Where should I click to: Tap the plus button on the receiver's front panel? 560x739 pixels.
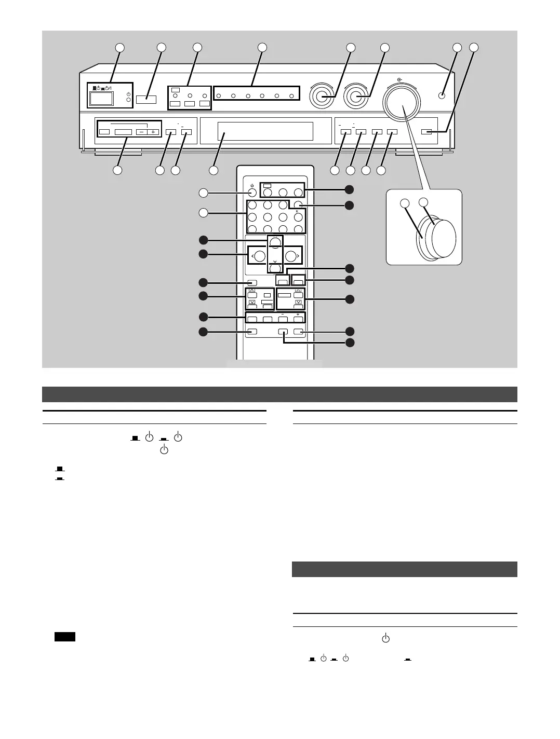tap(153, 132)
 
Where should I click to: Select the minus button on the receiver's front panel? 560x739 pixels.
tap(141, 132)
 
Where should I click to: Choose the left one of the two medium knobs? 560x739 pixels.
tap(321, 96)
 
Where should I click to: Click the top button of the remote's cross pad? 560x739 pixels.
tap(275, 242)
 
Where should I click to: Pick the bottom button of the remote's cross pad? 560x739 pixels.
tap(275, 268)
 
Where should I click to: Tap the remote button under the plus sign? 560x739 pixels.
tap(298, 320)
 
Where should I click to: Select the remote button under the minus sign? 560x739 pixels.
tap(283, 320)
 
